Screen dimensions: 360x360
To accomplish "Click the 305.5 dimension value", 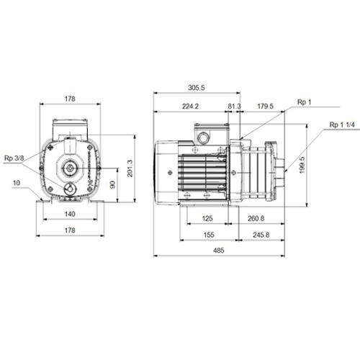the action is [x=197, y=88].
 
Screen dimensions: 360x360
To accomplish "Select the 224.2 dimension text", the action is [x=190, y=107].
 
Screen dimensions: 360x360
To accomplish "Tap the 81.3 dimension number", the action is [x=234, y=107].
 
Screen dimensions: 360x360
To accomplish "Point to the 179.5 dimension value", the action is [x=265, y=107].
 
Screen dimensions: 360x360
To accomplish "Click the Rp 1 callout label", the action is [x=304, y=102].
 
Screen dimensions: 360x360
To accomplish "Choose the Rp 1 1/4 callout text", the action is [x=342, y=125].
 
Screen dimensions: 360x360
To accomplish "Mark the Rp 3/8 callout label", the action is [x=14, y=158].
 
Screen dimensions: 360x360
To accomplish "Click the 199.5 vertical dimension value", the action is [x=302, y=165].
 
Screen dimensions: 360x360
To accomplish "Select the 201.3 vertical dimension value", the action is [x=130, y=168].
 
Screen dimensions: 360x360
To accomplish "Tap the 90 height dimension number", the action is [x=112, y=184].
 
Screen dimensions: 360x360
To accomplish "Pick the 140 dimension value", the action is [x=70, y=214].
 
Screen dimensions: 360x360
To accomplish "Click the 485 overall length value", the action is [x=219, y=251].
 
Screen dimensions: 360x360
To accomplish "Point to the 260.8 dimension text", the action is [x=256, y=218].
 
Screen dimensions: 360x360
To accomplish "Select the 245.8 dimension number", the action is [x=261, y=235].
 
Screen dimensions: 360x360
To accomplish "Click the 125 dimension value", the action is [x=207, y=218].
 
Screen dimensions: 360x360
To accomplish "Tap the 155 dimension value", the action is [x=209, y=235].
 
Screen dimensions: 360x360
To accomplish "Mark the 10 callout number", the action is [x=17, y=183].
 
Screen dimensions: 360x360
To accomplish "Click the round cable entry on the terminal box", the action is [x=203, y=138].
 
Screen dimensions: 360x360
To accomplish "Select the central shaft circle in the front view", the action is [x=70, y=168].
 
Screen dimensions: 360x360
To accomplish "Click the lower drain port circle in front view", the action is [x=70, y=189].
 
